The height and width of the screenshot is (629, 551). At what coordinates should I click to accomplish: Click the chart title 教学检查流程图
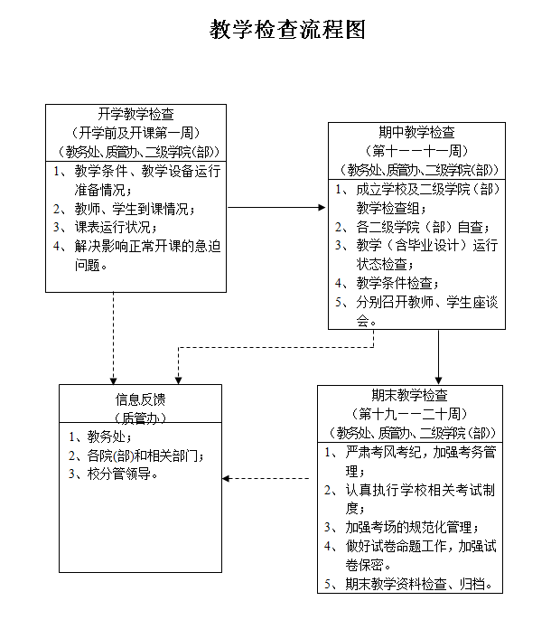pos(287,31)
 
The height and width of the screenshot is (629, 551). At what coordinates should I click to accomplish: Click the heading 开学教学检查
pos(136,114)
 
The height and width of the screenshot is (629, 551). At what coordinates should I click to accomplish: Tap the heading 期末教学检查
pos(409,395)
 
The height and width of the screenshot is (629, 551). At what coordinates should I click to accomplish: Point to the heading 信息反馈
pos(140,399)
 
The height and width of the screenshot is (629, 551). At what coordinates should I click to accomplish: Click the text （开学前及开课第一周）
pos(136,132)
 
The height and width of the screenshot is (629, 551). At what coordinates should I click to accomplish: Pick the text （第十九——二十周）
pos(409,414)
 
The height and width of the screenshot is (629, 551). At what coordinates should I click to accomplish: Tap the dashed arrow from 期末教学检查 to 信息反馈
pos(269,478)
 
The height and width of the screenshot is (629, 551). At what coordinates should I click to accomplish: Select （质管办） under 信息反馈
pos(140,417)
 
